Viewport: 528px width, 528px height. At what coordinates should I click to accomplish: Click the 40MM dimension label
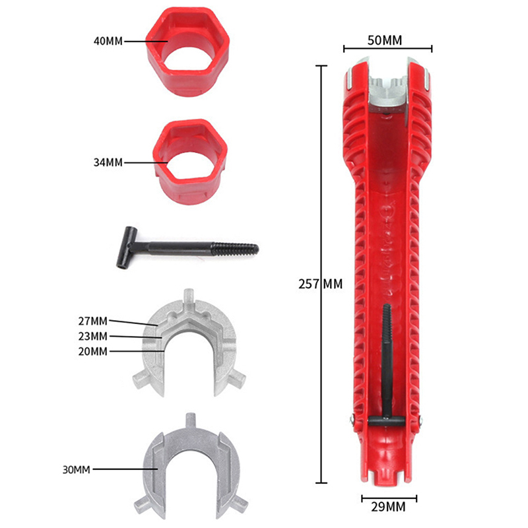(108, 42)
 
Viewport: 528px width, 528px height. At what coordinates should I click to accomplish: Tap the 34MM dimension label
(108, 162)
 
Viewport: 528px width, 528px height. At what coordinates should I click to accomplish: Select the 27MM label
(93, 321)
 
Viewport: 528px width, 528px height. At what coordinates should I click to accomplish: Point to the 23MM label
(93, 337)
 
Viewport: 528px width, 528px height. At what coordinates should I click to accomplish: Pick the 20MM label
(93, 352)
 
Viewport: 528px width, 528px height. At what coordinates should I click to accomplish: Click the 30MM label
(77, 470)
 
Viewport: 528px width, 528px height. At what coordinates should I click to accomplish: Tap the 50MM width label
(385, 40)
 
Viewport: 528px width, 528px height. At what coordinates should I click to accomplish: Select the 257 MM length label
(321, 284)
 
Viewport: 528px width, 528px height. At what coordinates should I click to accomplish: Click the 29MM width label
(388, 507)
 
